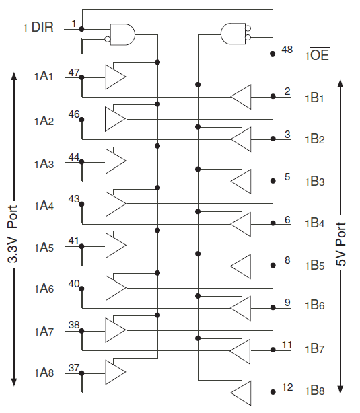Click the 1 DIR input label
[38, 27]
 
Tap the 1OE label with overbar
[318, 54]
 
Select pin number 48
[287, 49]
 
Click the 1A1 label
[44, 76]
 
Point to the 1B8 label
[315, 391]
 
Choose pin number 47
[74, 72]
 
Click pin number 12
[287, 387]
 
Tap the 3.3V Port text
[13, 234]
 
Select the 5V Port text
[340, 244]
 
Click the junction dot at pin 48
[273, 54]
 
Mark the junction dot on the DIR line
[81, 29]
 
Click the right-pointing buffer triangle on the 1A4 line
[116, 204]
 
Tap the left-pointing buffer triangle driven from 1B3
[241, 182]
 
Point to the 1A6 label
[44, 289]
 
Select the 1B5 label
[315, 266]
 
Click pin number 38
[74, 325]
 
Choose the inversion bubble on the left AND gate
[107, 39]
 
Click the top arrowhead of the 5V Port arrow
[340, 83]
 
